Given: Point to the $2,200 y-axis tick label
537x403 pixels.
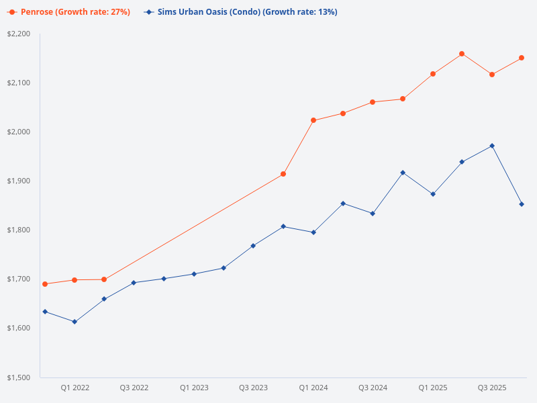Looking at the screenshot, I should [19, 34].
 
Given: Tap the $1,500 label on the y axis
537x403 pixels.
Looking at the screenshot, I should [19, 377].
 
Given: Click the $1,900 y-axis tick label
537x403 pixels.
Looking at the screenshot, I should [19, 181].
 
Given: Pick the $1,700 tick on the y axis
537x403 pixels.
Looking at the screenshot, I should [19, 279].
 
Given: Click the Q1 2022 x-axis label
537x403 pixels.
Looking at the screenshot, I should [75, 388].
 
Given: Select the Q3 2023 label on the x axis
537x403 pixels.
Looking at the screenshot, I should [253, 388].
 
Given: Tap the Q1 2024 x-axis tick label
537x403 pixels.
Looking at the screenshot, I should [313, 388].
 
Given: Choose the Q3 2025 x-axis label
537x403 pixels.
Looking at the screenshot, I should [492, 388].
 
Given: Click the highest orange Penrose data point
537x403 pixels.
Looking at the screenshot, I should [462, 54].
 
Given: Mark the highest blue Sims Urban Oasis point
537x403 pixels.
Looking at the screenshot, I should [492, 146].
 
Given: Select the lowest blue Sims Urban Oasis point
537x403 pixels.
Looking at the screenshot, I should [75, 322].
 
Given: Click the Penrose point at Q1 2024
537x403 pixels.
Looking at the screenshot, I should [313, 120].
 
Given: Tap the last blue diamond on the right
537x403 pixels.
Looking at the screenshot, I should [522, 204].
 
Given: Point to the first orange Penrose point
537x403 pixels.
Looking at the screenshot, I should [45, 284].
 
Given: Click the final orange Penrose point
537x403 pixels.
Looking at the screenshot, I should [522, 58].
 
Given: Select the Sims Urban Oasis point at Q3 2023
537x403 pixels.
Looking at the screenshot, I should [253, 246].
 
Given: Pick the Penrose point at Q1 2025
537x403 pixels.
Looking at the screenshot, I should [433, 74].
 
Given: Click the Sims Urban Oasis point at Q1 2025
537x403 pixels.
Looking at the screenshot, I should [433, 194].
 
